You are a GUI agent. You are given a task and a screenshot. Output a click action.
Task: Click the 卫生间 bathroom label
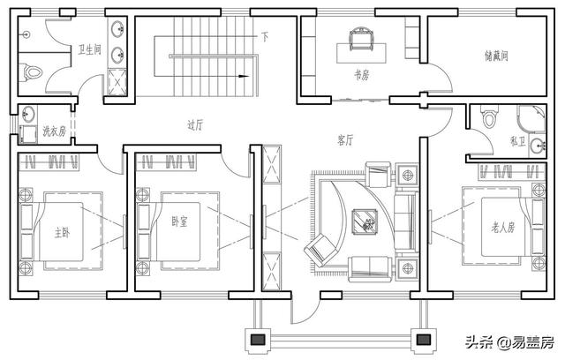(90, 49)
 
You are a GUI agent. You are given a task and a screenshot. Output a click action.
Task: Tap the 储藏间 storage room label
(496, 56)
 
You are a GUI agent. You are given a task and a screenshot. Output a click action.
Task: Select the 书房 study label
(361, 75)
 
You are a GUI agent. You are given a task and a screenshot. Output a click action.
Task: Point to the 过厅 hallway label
(195, 125)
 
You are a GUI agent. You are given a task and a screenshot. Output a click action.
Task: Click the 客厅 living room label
(345, 140)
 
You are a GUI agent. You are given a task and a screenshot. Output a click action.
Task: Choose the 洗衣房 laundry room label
(55, 131)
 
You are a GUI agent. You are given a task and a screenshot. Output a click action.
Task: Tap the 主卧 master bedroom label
(62, 233)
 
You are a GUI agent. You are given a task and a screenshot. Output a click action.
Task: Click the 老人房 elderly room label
(503, 227)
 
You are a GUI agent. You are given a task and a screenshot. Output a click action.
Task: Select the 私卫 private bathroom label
(518, 141)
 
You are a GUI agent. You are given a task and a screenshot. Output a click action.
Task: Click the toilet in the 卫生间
(32, 72)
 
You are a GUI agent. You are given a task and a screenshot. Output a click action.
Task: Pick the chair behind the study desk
(361, 39)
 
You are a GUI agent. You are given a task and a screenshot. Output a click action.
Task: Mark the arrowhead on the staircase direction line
(244, 76)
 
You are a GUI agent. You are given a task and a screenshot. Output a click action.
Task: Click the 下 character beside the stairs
(265, 37)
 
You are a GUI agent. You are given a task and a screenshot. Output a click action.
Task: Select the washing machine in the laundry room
(28, 134)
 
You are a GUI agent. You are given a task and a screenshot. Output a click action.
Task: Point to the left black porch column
(258, 340)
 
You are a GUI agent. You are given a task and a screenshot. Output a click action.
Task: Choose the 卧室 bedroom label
(179, 221)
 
